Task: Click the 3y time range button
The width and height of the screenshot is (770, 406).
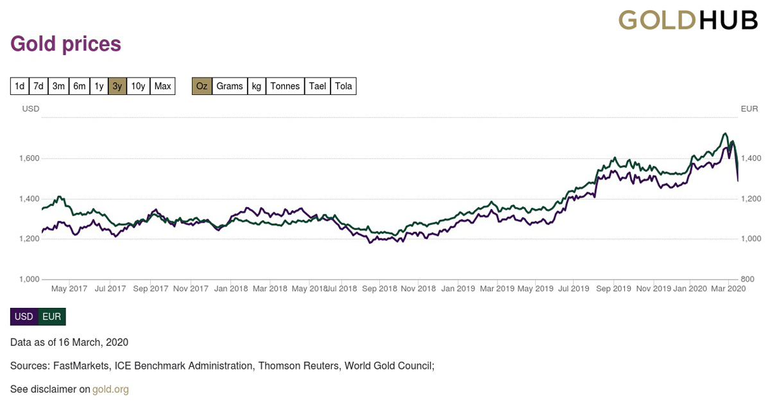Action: pos(117,86)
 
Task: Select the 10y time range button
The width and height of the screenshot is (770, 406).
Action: pos(138,86)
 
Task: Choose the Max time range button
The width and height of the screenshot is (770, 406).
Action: pos(163,86)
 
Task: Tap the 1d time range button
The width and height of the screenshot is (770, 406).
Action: pos(20,86)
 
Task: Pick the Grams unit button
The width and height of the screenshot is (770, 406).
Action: pos(230,86)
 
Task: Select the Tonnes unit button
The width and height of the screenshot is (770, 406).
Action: pos(285,86)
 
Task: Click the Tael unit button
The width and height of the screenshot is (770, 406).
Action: pos(318,86)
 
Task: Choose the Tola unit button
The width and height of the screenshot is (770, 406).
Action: pos(344,86)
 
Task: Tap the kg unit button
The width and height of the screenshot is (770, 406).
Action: pos(257,86)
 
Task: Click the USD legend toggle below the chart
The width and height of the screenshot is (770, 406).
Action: pos(24,317)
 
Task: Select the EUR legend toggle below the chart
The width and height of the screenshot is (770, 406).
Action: pos(52,317)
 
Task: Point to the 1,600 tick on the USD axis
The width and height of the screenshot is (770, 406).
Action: pos(28,158)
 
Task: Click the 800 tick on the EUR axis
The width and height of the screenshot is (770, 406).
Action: pos(748,279)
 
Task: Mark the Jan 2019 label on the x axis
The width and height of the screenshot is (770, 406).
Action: pos(458,289)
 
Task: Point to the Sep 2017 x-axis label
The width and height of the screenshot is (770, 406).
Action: pos(150,289)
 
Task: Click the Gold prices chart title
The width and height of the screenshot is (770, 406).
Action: pos(66,44)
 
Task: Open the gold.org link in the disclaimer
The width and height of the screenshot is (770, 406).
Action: pos(110,389)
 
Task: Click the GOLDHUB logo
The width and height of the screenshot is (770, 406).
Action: pos(688,20)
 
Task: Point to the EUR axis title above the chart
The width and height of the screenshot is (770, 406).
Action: pos(749,109)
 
